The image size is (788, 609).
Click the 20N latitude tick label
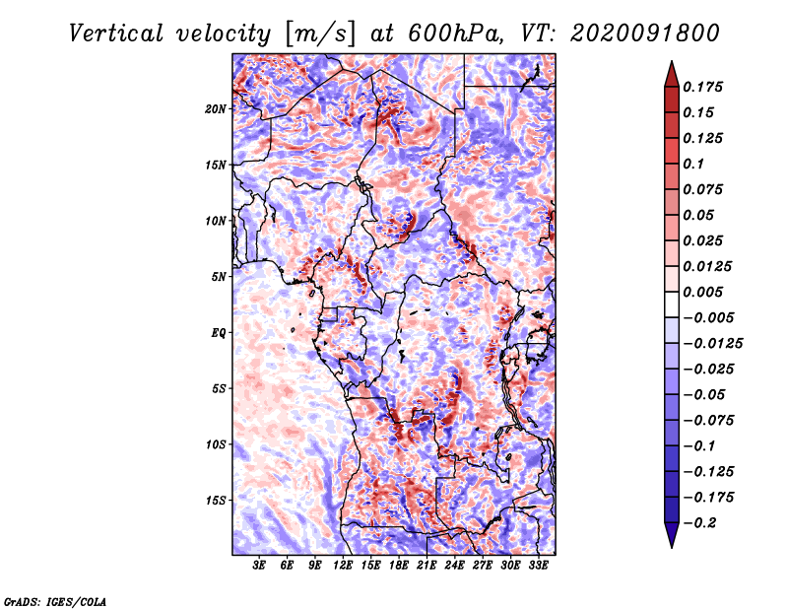(x=216, y=109)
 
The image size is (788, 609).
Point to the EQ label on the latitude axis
(x=218, y=333)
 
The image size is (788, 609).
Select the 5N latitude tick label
(x=219, y=277)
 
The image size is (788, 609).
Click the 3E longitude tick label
(x=259, y=566)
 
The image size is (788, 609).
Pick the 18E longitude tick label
(x=399, y=566)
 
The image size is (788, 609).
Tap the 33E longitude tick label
(x=538, y=566)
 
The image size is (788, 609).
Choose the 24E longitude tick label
(x=454, y=566)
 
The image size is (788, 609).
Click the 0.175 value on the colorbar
(x=702, y=87)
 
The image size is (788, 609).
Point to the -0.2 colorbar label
(x=699, y=523)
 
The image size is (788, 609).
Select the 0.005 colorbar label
(x=702, y=292)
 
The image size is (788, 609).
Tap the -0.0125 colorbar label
(x=712, y=344)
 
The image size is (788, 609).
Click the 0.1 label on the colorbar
(x=693, y=164)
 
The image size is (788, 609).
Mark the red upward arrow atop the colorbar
(x=672, y=74)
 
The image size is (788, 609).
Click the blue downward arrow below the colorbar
(x=672, y=535)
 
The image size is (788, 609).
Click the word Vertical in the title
(x=116, y=34)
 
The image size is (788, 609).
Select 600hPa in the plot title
(x=455, y=34)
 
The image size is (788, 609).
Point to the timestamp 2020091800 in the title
(x=645, y=34)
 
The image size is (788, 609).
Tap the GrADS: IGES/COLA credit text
(x=55, y=601)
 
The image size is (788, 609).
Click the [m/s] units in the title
(x=320, y=34)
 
